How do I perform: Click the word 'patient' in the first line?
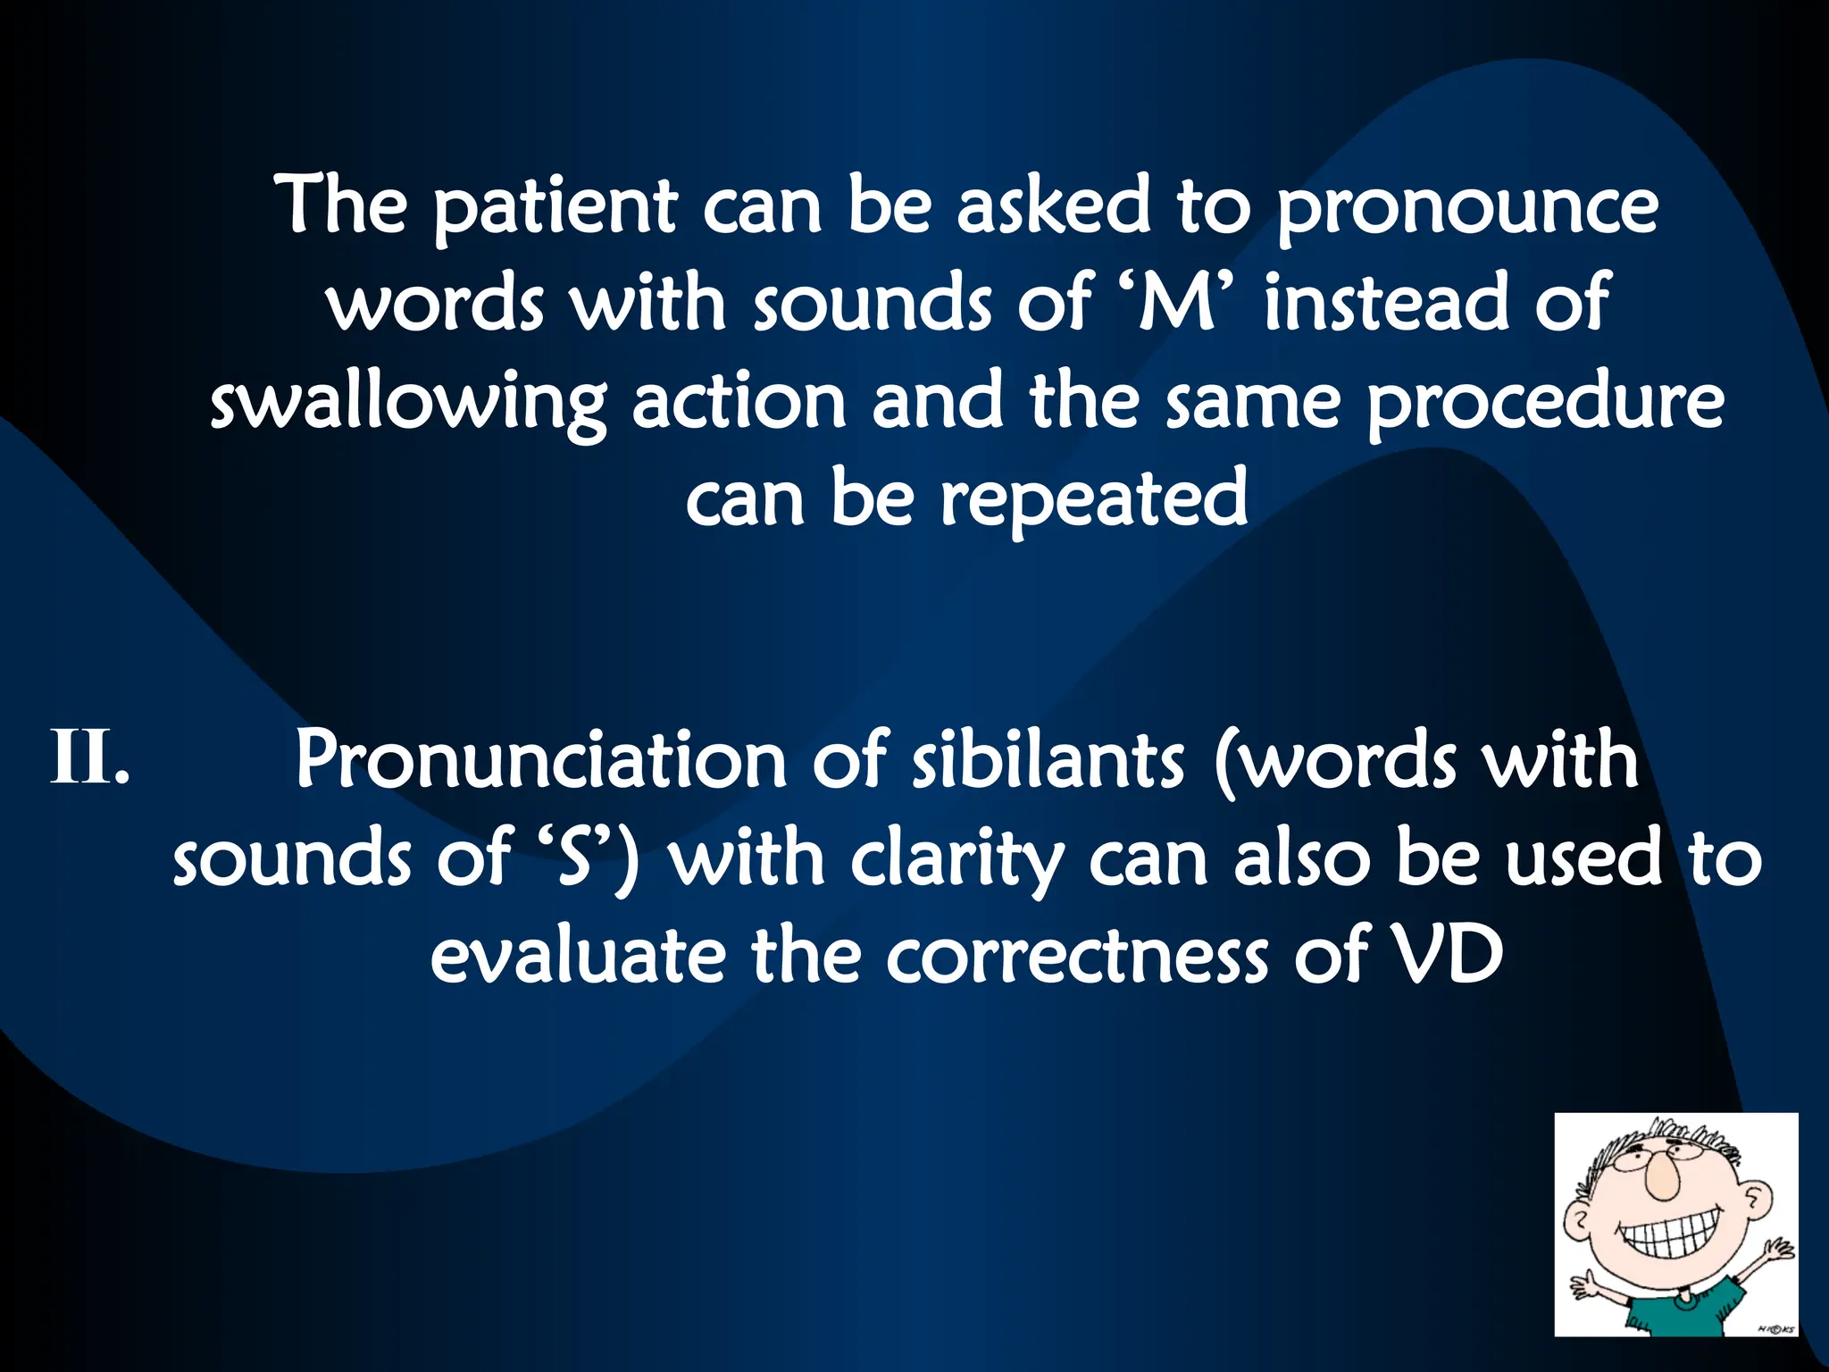[554, 207]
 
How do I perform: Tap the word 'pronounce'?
[1466, 207]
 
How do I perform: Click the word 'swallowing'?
[407, 404]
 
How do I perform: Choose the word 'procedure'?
[1545, 404]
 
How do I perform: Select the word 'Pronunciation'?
[540, 761]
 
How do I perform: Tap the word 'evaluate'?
[577, 956]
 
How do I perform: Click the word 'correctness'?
[1077, 956]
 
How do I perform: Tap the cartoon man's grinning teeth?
[1670, 1239]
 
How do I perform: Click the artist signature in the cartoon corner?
[1776, 1328]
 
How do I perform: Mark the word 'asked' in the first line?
[1054, 207]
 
